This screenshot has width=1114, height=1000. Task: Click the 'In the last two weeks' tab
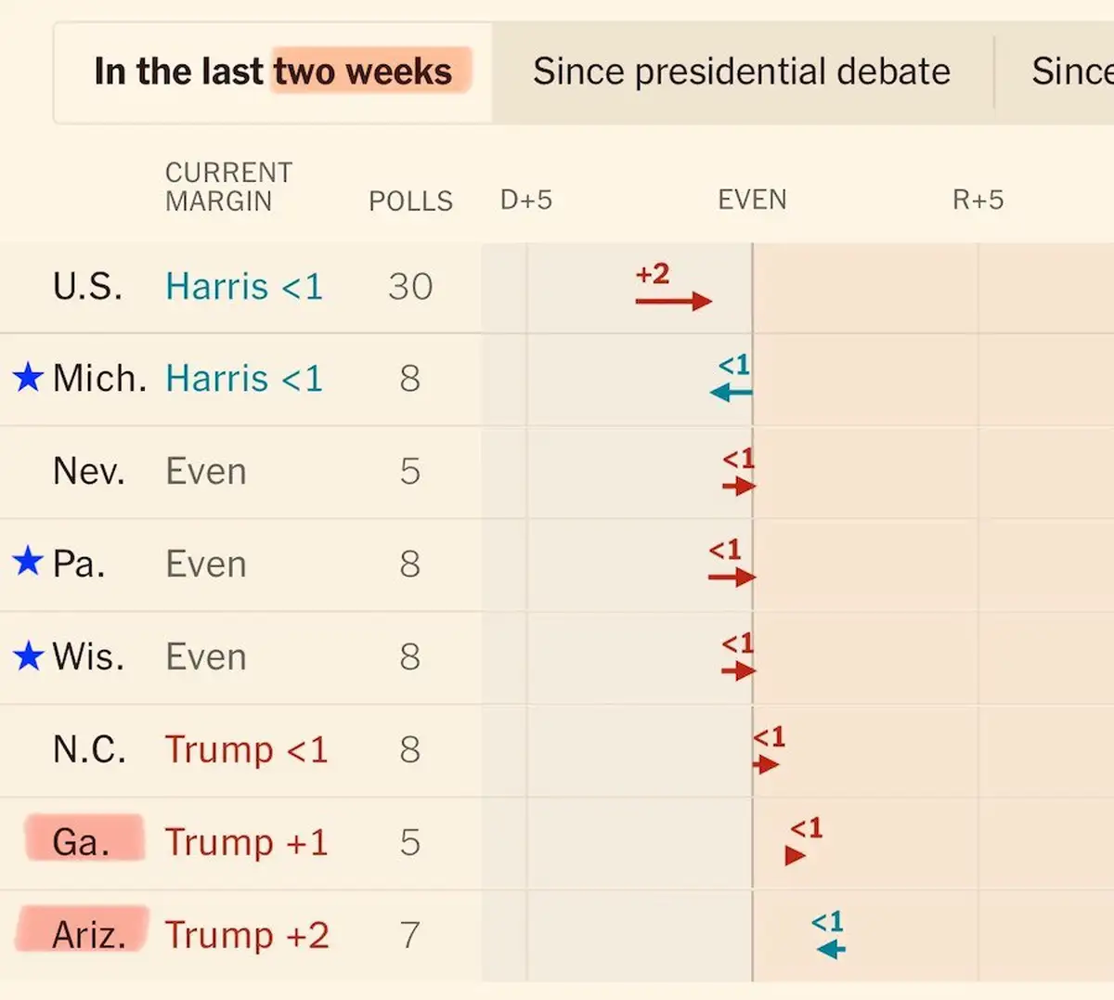point(273,72)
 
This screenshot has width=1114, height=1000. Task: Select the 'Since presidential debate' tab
point(741,72)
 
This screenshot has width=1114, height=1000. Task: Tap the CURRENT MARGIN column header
point(228,187)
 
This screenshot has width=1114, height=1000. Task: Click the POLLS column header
point(410,201)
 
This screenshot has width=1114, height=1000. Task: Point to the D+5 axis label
point(525,200)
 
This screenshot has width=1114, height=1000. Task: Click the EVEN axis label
point(752,200)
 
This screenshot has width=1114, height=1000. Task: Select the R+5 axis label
point(978,200)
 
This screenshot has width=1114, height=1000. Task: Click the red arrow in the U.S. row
point(673,301)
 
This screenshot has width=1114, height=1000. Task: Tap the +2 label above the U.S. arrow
point(652,274)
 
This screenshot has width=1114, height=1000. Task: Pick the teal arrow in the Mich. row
point(731,392)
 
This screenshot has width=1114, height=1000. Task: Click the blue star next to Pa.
point(28,562)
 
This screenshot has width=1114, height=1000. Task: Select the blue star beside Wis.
point(28,656)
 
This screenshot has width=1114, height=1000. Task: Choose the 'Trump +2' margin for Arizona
point(246,935)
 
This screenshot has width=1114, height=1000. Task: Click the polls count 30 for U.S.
point(409,287)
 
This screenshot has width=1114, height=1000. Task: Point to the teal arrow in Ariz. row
point(831,949)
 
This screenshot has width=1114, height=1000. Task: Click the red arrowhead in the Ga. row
point(795,855)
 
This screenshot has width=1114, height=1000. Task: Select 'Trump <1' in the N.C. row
point(246,749)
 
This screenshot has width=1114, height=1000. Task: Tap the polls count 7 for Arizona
point(409,935)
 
